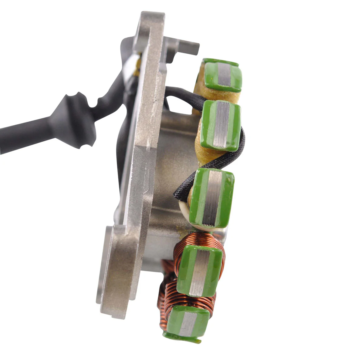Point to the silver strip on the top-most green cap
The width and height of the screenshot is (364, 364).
click(224, 75)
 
